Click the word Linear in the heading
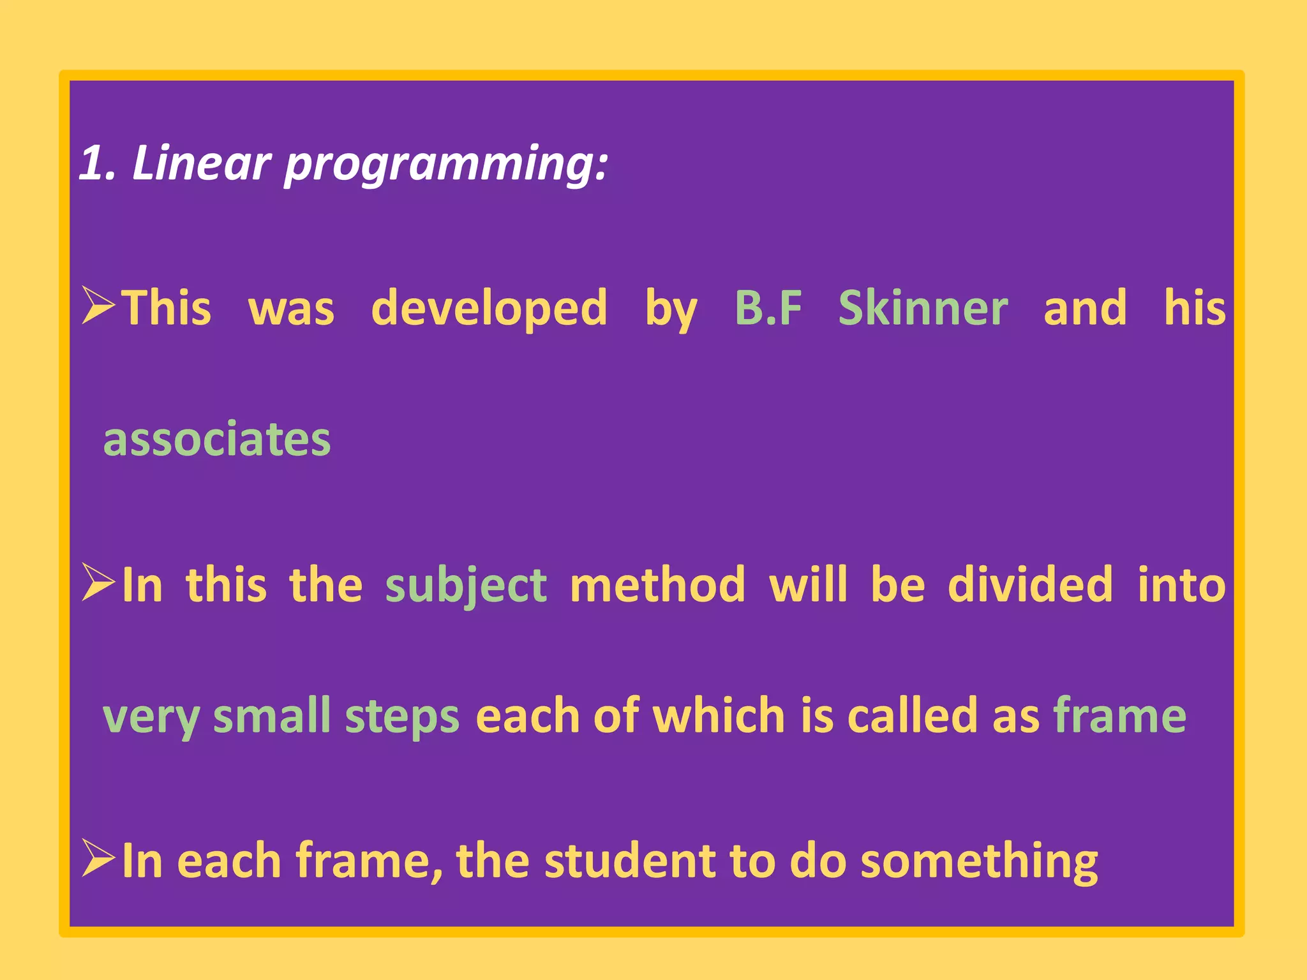coord(201,163)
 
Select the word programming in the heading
coord(445,165)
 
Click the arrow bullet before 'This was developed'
coord(98,306)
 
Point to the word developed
coord(489,308)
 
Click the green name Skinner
coord(923,308)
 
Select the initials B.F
coord(768,308)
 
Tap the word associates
coord(217,440)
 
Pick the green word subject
coord(466,586)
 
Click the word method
coord(657,584)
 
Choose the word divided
coord(1030,584)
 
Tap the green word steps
coord(402,717)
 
